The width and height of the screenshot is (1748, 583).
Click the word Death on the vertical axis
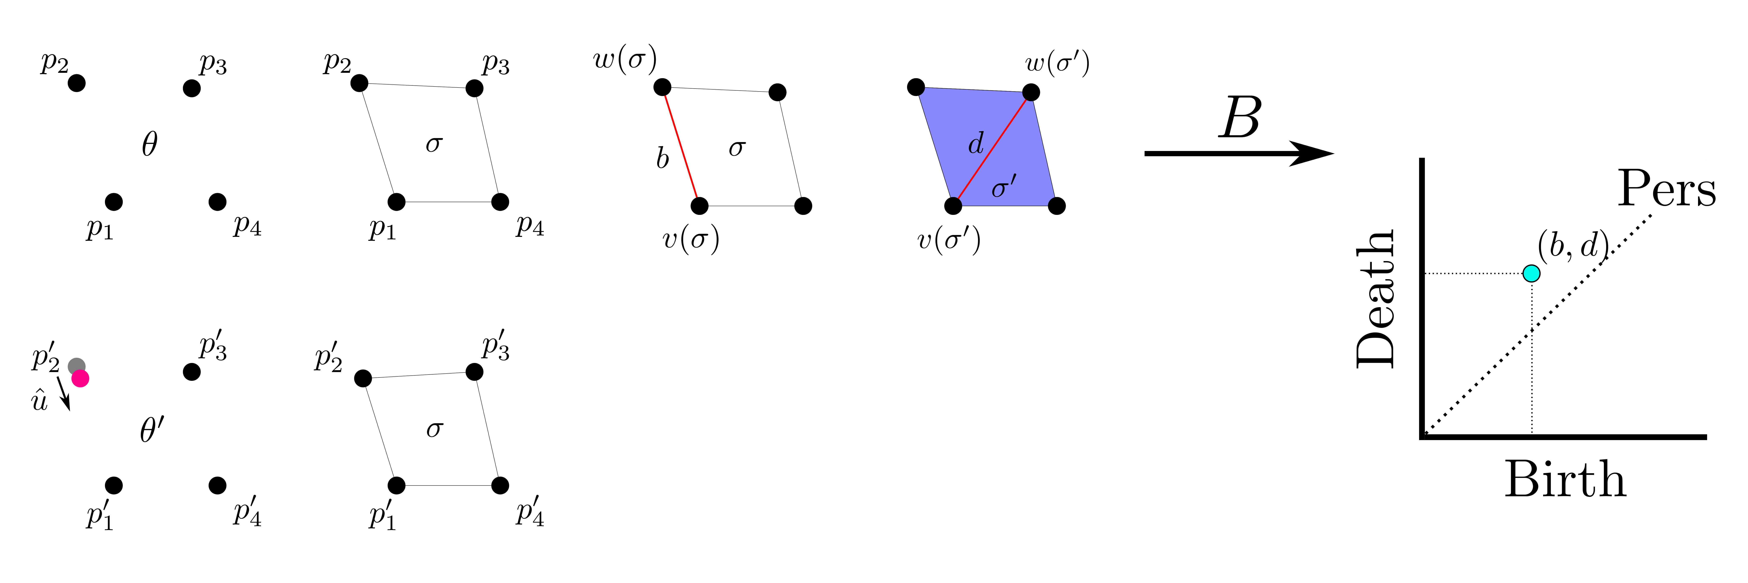[1376, 299]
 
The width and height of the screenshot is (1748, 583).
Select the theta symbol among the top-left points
[149, 144]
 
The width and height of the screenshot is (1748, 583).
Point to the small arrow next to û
[63, 394]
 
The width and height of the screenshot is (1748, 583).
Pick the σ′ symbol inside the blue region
[1004, 186]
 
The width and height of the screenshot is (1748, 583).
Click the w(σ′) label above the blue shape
[1057, 63]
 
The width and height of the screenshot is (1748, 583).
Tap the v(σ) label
[691, 240]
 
